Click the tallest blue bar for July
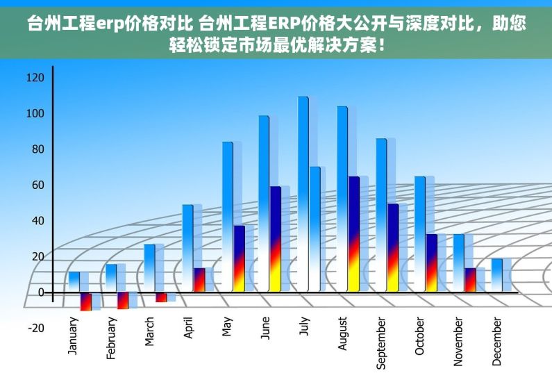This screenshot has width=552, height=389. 303,194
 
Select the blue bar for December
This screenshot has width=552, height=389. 496,275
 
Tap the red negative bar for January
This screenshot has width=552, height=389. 85,301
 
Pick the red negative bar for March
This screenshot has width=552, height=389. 160,297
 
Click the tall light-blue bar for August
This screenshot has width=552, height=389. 342,198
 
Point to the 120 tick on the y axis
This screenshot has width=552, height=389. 35,77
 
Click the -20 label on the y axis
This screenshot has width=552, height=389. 35,328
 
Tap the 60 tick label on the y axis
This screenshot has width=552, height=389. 35,185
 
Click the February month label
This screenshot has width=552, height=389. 111,339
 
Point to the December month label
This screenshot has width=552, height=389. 496,341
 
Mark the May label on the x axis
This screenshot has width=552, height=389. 226,327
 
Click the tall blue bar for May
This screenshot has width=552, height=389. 227,216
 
